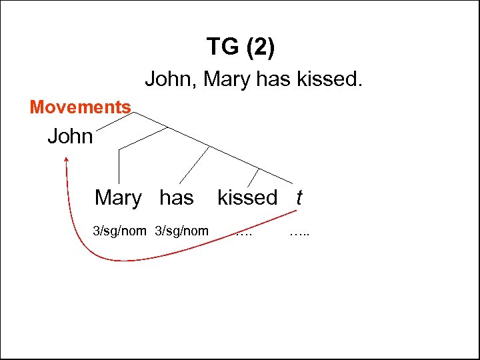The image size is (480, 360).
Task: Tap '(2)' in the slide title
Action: [260, 47]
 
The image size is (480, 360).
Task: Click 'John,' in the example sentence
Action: [171, 80]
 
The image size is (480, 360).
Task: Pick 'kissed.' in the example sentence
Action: [330, 80]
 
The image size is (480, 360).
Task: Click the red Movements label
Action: [81, 107]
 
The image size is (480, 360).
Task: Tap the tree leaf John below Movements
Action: [70, 137]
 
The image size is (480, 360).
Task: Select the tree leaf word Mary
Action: [118, 198]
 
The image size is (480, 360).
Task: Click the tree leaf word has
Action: [177, 198]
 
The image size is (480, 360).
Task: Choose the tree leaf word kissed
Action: [247, 198]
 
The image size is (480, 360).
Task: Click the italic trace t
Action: [299, 198]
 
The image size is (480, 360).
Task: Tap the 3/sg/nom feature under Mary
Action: [119, 231]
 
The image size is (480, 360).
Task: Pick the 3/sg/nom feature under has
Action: [181, 231]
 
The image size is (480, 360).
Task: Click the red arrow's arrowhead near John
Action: [67, 160]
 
